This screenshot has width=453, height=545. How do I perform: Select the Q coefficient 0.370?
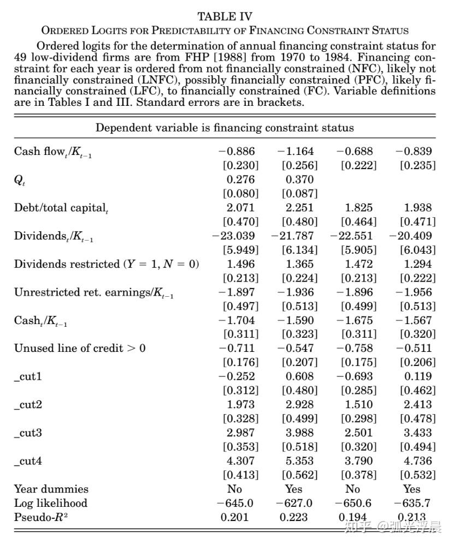point(299,179)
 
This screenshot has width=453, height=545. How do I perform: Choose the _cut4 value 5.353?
point(299,462)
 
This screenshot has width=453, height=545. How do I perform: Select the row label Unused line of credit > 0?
point(80,349)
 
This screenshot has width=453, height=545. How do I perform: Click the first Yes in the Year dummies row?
point(293,489)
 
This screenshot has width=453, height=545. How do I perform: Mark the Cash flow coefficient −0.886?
point(237,151)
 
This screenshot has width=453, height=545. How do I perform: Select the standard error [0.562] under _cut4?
point(299,475)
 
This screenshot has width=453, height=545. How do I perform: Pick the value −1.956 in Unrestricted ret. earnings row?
point(414,292)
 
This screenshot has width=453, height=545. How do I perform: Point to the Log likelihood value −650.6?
point(353,504)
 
